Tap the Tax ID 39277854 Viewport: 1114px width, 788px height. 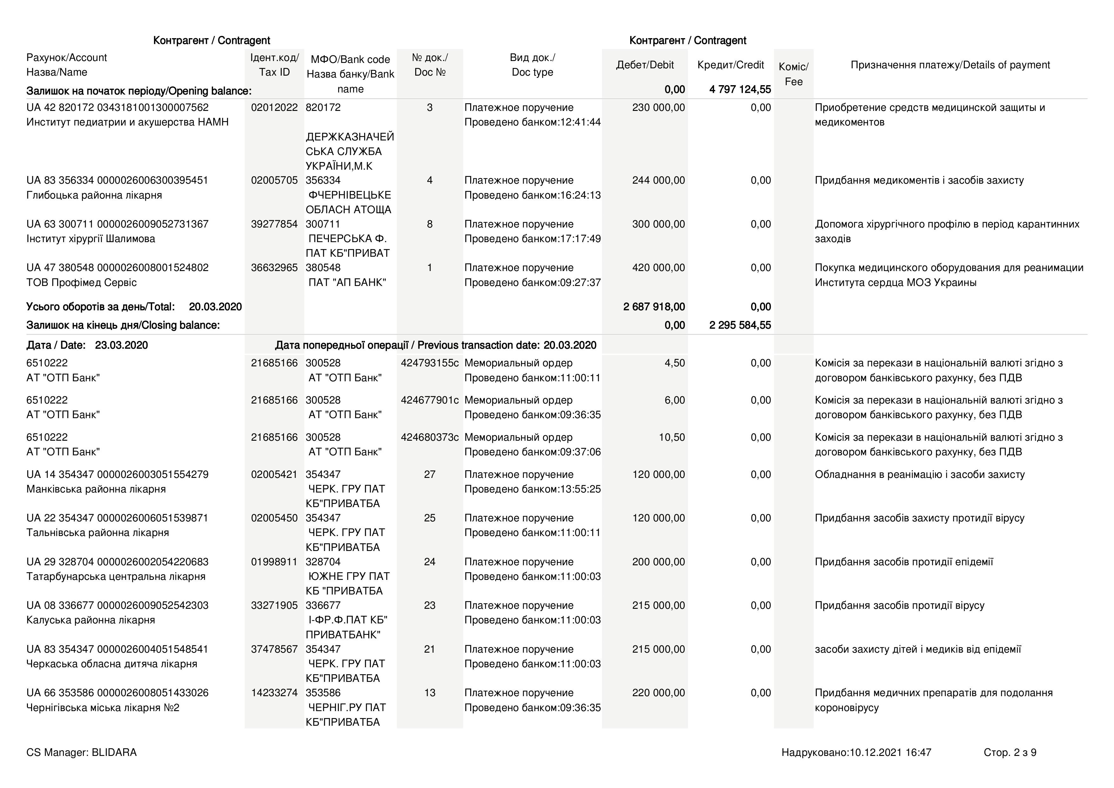[274, 224]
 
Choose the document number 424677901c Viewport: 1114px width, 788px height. [430, 400]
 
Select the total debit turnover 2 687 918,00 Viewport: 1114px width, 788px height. [654, 307]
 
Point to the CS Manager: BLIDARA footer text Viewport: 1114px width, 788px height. [82, 752]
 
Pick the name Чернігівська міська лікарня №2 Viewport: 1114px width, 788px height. [103, 707]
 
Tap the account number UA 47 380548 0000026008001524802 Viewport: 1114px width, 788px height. [117, 268]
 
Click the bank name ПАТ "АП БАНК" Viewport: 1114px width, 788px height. [347, 282]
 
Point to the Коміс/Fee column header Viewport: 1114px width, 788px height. [793, 74]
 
